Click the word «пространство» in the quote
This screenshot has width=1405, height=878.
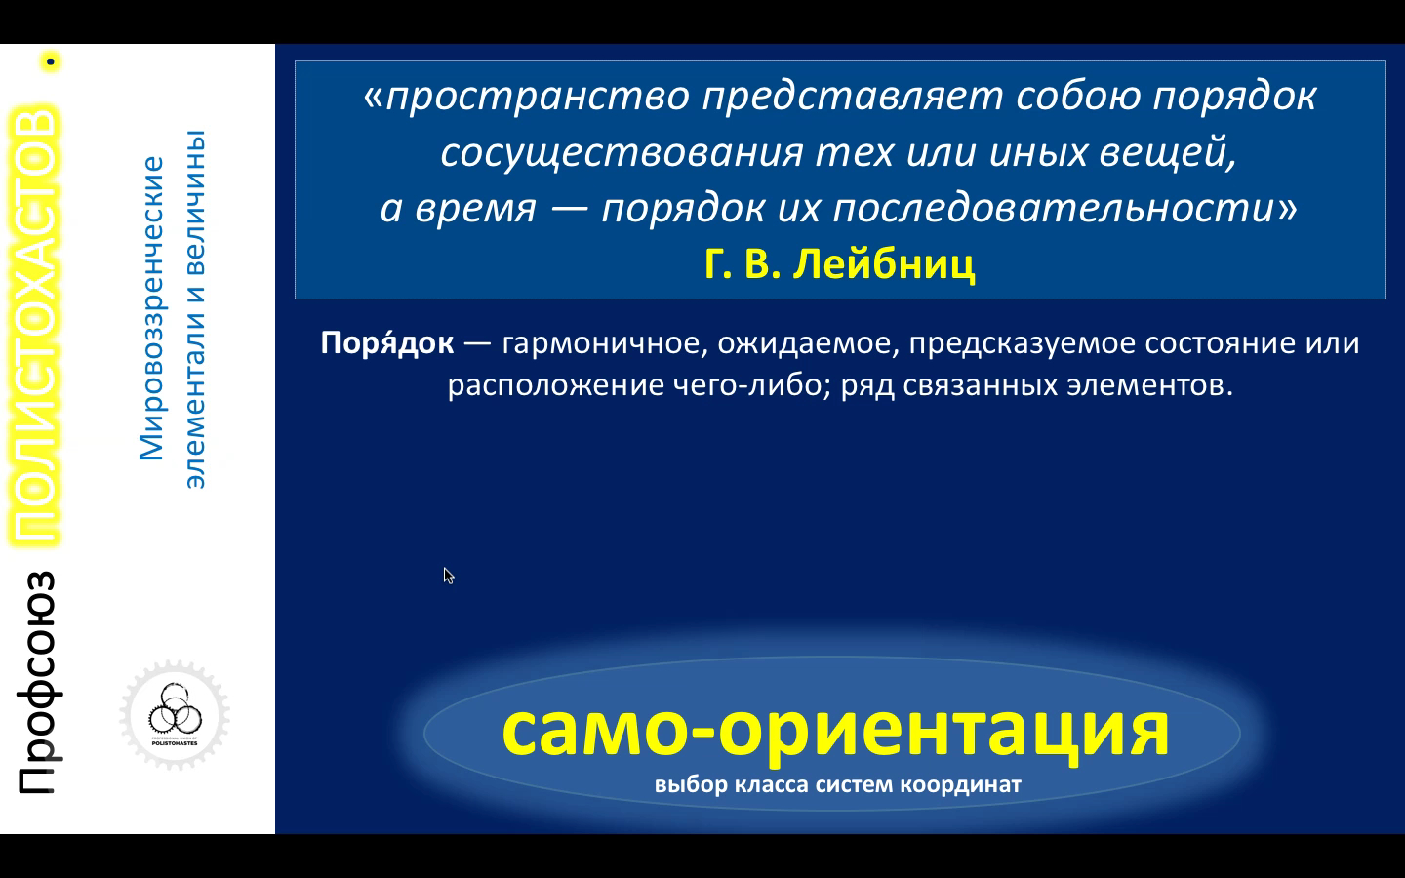pyautogui.click(x=538, y=98)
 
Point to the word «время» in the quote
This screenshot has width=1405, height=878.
pyautogui.click(x=476, y=208)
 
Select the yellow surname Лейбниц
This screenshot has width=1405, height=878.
pyautogui.click(x=884, y=264)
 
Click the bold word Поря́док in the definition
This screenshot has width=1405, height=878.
pyautogui.click(x=387, y=343)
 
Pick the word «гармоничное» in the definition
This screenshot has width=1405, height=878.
pyautogui.click(x=605, y=344)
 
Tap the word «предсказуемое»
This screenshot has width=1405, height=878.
pyautogui.click(x=1023, y=344)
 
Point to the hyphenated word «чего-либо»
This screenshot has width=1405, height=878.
pyautogui.click(x=751, y=385)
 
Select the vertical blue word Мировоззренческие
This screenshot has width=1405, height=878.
pyautogui.click(x=151, y=308)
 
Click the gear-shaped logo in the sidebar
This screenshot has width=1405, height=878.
pyautogui.click(x=175, y=715)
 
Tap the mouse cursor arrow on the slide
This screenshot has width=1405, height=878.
pyautogui.click(x=449, y=576)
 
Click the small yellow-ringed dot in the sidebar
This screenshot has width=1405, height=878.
pyautogui.click(x=50, y=61)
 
